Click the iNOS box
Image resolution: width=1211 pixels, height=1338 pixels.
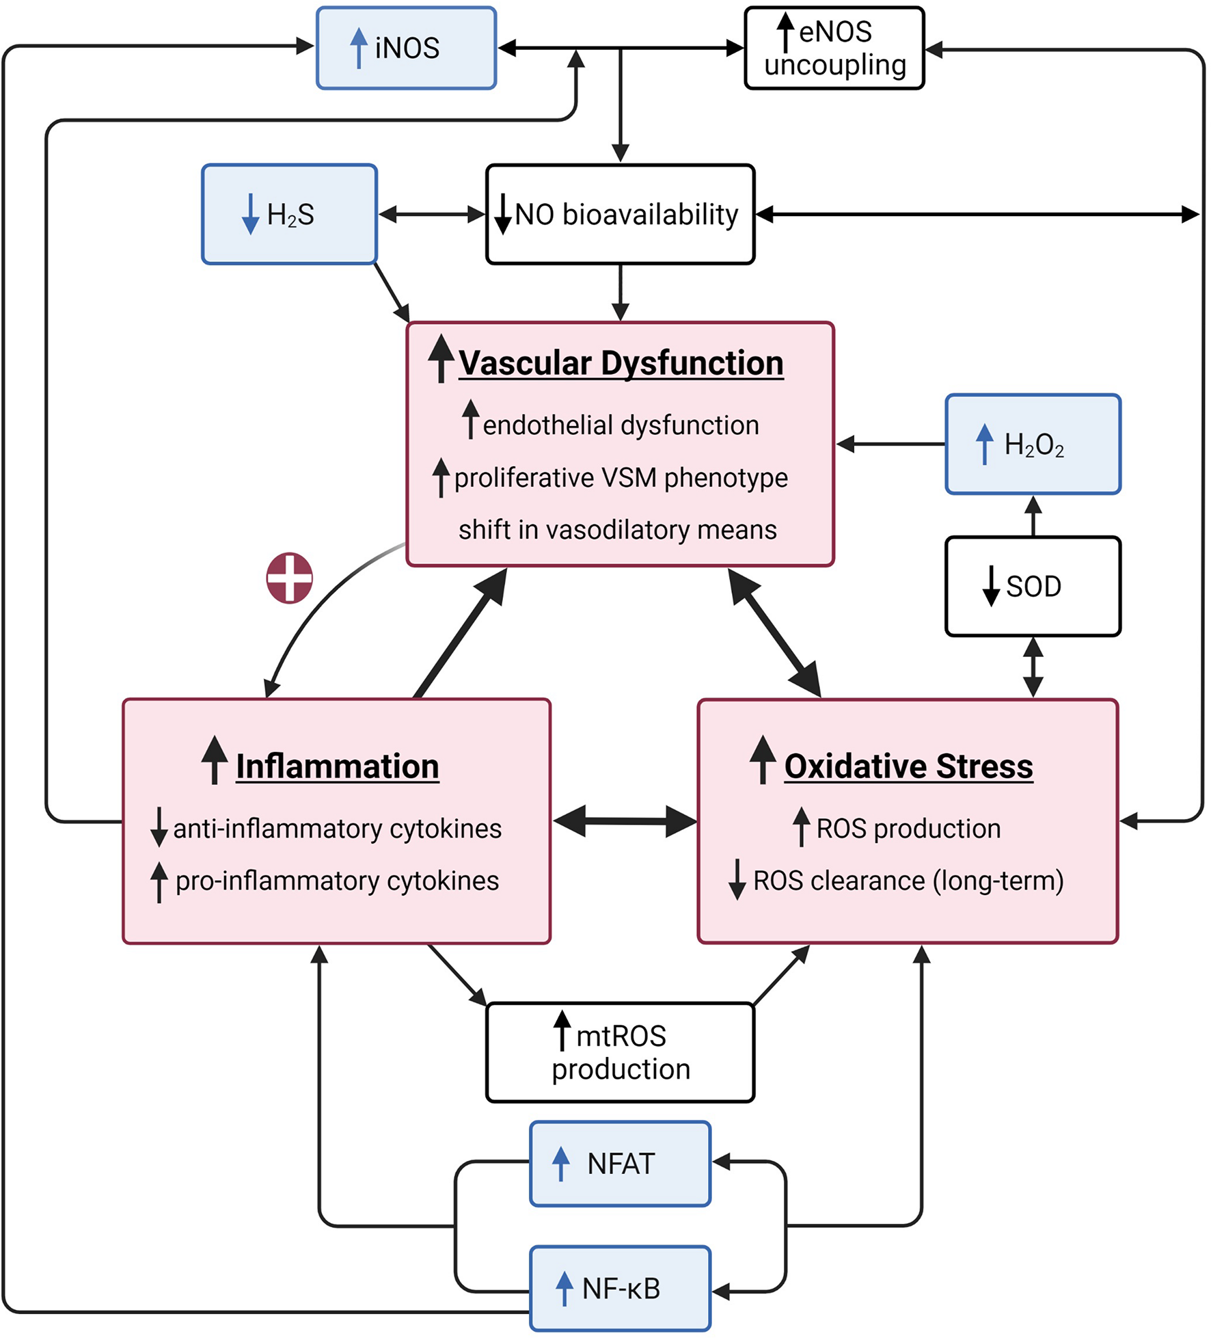(406, 48)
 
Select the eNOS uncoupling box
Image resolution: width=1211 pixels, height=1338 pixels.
(834, 48)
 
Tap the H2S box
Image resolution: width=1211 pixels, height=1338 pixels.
(289, 214)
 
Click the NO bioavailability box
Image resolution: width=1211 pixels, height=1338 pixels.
(620, 214)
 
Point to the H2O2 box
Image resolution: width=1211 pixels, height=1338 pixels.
(1033, 444)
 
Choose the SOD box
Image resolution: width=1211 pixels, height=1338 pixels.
(1033, 587)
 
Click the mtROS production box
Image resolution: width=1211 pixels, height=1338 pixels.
(620, 1052)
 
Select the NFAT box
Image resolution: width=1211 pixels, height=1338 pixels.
(620, 1164)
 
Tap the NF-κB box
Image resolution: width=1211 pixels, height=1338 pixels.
(620, 1288)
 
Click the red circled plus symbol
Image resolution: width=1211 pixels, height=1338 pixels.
(289, 578)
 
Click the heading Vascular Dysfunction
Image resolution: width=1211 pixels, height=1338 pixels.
(620, 363)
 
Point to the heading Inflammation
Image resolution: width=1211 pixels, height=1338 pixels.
(337, 766)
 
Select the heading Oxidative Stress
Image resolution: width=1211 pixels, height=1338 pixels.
(908, 766)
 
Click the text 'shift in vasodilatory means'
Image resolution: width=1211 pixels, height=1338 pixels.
(617, 530)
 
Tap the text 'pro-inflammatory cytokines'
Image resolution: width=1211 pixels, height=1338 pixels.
(337, 881)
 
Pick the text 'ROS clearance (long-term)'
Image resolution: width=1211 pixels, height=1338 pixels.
(908, 881)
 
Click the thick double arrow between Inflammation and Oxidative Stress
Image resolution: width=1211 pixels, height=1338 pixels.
(625, 821)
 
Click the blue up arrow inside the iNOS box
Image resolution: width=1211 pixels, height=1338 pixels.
(358, 48)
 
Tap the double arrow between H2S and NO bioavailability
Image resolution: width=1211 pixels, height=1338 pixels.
(431, 214)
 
